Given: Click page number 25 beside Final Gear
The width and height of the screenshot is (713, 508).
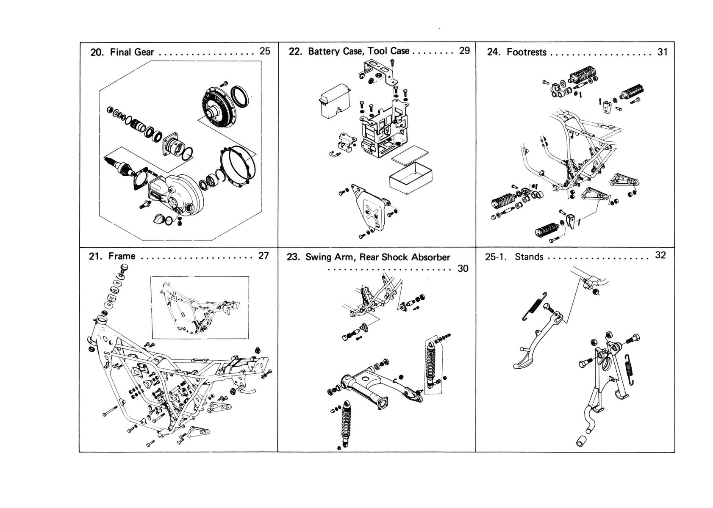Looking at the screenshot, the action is tap(265, 51).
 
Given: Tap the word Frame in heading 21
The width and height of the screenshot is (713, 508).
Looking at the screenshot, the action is tap(122, 256).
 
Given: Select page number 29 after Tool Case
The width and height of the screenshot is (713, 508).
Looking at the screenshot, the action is tap(464, 50).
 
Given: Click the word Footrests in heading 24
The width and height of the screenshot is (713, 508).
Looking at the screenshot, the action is tap(527, 52).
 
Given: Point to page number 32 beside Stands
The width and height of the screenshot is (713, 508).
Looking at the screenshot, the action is tap(660, 255).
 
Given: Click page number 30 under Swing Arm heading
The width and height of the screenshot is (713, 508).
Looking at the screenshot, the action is tap(463, 269).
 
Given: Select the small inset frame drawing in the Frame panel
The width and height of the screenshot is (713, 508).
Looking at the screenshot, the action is tap(200, 308).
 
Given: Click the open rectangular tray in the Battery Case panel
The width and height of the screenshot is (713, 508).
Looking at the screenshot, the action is tap(411, 178).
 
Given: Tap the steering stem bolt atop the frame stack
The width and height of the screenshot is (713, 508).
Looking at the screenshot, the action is tap(124, 268).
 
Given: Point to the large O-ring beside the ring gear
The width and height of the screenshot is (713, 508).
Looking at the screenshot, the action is tap(239, 96).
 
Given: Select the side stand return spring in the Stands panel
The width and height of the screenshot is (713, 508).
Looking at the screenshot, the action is tap(534, 306).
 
